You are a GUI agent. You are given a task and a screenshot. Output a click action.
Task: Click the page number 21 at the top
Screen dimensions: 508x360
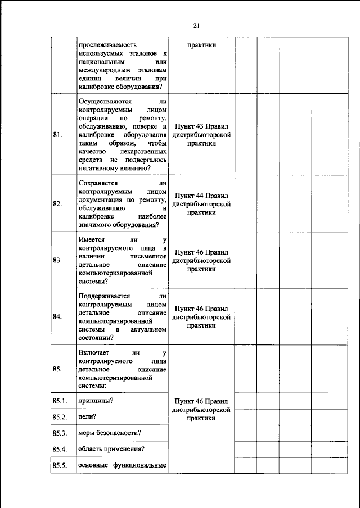pyautogui.click(x=197, y=25)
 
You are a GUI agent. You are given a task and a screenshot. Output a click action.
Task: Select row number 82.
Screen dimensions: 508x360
pyautogui.click(x=57, y=204)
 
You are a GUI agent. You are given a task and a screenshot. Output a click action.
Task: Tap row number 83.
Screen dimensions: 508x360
pyautogui.click(x=57, y=260)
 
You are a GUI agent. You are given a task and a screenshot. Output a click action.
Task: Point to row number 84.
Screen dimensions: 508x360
pyautogui.click(x=57, y=316)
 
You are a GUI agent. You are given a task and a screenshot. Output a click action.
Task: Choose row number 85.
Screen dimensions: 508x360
pyautogui.click(x=57, y=369)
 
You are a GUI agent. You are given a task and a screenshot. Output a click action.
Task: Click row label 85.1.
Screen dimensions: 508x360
pyautogui.click(x=60, y=401)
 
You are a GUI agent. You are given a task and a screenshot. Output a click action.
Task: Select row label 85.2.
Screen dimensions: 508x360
pyautogui.click(x=60, y=417)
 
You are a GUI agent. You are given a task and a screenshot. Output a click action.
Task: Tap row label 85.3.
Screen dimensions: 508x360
pyautogui.click(x=60, y=433)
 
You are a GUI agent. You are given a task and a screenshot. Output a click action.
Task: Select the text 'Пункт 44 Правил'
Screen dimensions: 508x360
pyautogui.click(x=201, y=196)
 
